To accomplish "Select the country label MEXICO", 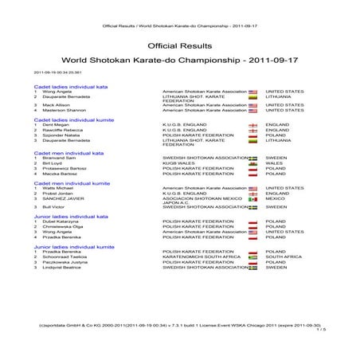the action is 275,198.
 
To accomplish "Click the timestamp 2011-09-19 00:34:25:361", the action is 50,72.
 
